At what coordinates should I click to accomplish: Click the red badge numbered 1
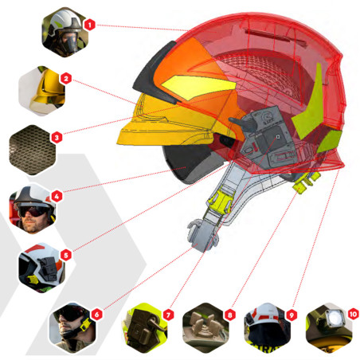(90, 25)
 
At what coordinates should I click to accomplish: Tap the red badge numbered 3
(57, 138)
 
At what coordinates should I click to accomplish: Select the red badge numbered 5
(66, 255)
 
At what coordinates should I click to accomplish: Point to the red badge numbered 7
(168, 315)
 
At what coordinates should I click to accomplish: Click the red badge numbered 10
(353, 315)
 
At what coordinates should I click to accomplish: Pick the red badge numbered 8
(230, 315)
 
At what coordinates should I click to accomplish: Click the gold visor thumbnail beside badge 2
(42, 91)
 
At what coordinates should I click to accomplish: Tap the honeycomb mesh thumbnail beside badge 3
(33, 150)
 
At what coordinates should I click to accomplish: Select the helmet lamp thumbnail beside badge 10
(329, 328)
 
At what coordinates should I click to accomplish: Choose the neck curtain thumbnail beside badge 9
(268, 328)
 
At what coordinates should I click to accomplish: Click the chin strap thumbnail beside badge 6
(72, 328)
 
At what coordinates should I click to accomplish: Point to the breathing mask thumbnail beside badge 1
(65, 32)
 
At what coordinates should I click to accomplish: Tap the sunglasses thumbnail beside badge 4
(33, 209)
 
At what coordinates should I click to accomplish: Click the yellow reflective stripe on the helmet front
(198, 87)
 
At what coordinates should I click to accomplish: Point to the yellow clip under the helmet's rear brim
(306, 182)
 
